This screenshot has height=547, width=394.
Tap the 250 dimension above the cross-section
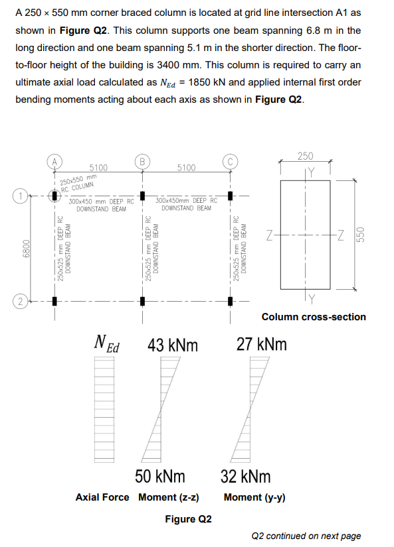tap(306, 156)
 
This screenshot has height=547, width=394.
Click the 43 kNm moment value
tap(173, 345)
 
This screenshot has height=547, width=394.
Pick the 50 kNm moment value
tap(160, 476)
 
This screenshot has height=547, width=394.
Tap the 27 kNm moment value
tap(262, 345)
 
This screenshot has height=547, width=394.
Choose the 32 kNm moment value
tap(246, 476)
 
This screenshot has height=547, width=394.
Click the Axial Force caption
tap(102, 497)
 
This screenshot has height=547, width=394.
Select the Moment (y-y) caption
tap(254, 497)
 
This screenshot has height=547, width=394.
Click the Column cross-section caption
tap(314, 317)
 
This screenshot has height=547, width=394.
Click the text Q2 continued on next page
tap(306, 536)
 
